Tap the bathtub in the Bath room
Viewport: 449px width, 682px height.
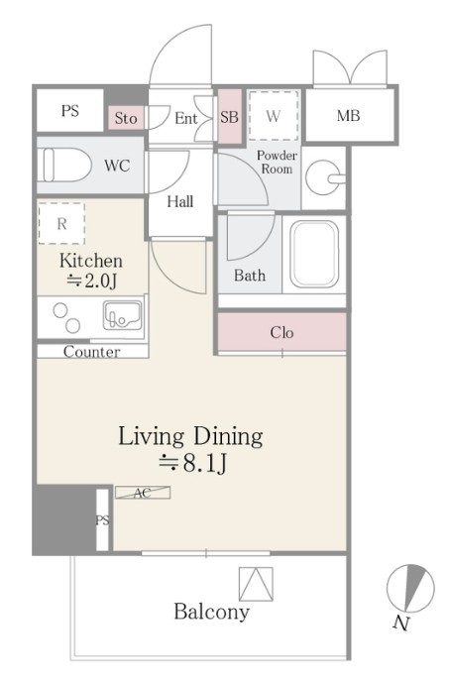point(314,254)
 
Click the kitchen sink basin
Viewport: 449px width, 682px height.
point(122,315)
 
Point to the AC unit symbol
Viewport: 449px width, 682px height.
point(143,493)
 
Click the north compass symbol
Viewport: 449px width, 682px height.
point(410,588)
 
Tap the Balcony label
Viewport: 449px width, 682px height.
point(211,612)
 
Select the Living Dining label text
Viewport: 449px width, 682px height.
point(190,436)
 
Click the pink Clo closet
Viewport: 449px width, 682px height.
point(281,332)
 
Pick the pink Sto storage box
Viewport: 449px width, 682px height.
point(126,118)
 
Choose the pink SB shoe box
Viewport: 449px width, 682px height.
point(229,117)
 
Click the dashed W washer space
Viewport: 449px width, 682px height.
point(274,115)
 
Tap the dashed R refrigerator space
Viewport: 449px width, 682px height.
point(61,223)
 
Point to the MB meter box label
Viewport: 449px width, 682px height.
point(349,116)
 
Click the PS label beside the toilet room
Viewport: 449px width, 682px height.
point(70,110)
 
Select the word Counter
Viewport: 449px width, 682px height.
point(92,352)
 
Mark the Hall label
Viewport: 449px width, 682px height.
point(180,201)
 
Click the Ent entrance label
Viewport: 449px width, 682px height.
point(185,118)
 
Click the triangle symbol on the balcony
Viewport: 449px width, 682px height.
point(257,584)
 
